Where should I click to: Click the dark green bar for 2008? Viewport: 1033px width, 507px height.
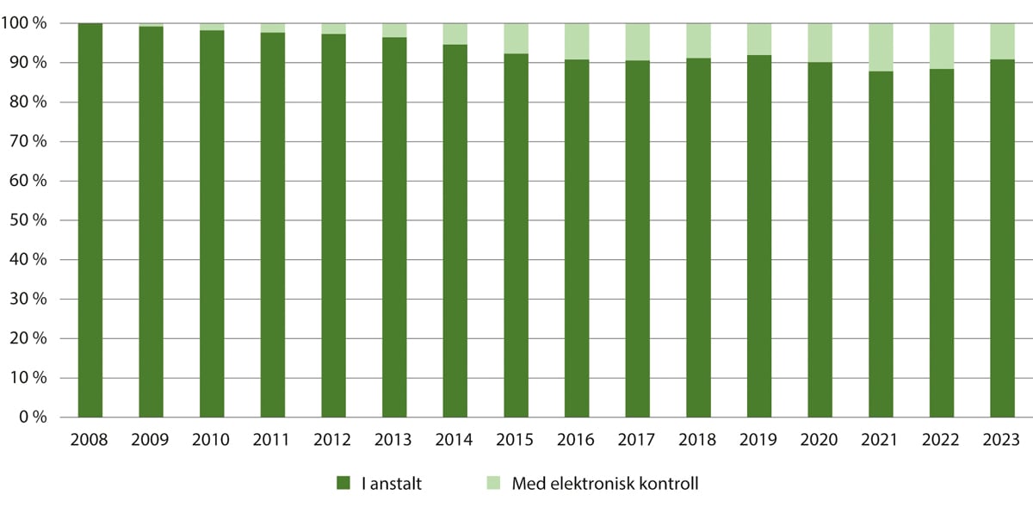click(90, 220)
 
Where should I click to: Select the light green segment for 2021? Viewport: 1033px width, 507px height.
click(881, 47)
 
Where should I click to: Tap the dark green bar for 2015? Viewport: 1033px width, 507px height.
click(516, 236)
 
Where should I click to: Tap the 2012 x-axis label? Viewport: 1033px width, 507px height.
click(333, 440)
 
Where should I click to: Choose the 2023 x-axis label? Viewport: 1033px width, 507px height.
click(1002, 440)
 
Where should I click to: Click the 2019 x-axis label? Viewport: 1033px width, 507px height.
click(759, 440)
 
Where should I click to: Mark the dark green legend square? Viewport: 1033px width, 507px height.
click(343, 484)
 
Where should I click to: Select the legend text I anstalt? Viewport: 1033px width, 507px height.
click(391, 484)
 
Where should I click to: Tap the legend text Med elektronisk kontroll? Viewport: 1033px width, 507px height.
click(604, 484)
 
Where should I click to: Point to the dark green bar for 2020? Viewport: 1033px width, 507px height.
click(820, 240)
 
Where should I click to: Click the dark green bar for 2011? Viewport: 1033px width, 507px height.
click(273, 225)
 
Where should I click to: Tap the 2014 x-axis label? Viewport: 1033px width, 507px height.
click(455, 440)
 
